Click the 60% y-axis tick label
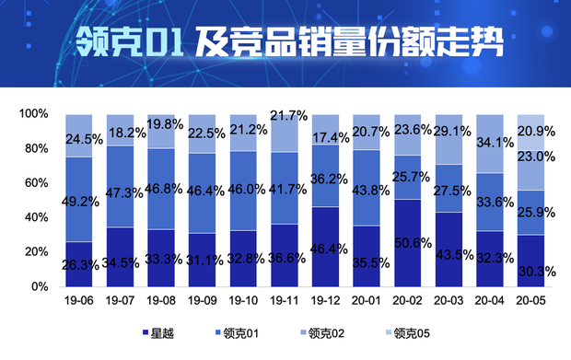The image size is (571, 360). coord(36,182)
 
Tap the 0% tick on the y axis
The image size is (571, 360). coord(40,286)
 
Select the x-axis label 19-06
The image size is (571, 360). coord(79,300)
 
